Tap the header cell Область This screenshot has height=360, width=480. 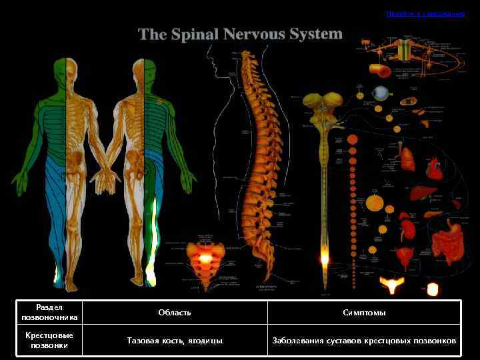click(175, 312)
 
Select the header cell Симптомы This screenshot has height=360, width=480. click(364, 312)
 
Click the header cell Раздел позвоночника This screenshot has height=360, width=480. click(49, 312)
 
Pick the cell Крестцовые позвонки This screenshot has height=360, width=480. click(49, 340)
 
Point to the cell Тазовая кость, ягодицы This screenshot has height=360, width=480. click(175, 340)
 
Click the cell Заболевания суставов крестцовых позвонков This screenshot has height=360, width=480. click(364, 340)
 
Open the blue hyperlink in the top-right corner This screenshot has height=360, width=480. click(425, 13)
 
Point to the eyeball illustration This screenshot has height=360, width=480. click(381, 93)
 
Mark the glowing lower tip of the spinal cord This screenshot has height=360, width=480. click(325, 257)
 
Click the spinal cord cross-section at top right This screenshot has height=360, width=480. click(403, 49)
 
